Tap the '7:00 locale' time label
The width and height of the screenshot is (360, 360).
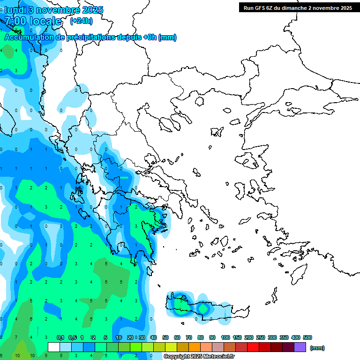coord(33,21)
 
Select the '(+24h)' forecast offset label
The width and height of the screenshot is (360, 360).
coord(81,21)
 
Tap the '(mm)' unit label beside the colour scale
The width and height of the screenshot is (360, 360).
coord(317,348)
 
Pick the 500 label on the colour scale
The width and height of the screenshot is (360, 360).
coord(307,337)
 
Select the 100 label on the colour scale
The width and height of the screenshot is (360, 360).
coord(225,337)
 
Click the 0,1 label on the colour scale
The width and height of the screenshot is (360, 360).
coord(60,337)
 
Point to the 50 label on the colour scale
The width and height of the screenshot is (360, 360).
coord(165,337)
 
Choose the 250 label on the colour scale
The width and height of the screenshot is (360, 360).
coord(260,337)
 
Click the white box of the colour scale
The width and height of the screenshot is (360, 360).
coord(54,347)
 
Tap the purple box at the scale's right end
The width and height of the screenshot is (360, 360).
coord(300,347)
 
